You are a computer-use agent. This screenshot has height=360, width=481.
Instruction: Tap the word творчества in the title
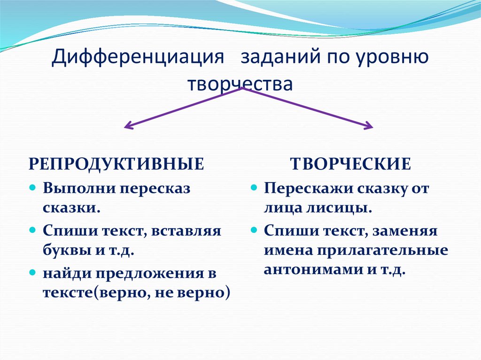coord(240,84)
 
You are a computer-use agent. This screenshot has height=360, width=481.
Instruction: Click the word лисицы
coord(347,207)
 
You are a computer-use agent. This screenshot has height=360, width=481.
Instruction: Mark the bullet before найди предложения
coord(32,272)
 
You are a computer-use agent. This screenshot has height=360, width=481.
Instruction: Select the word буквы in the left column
coord(62,250)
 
